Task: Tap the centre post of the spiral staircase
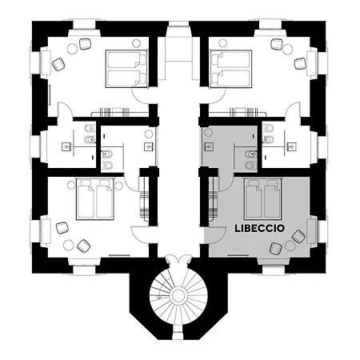coord(179,299)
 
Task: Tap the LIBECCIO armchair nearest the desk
coord(298,236)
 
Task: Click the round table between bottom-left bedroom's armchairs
coord(70,244)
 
